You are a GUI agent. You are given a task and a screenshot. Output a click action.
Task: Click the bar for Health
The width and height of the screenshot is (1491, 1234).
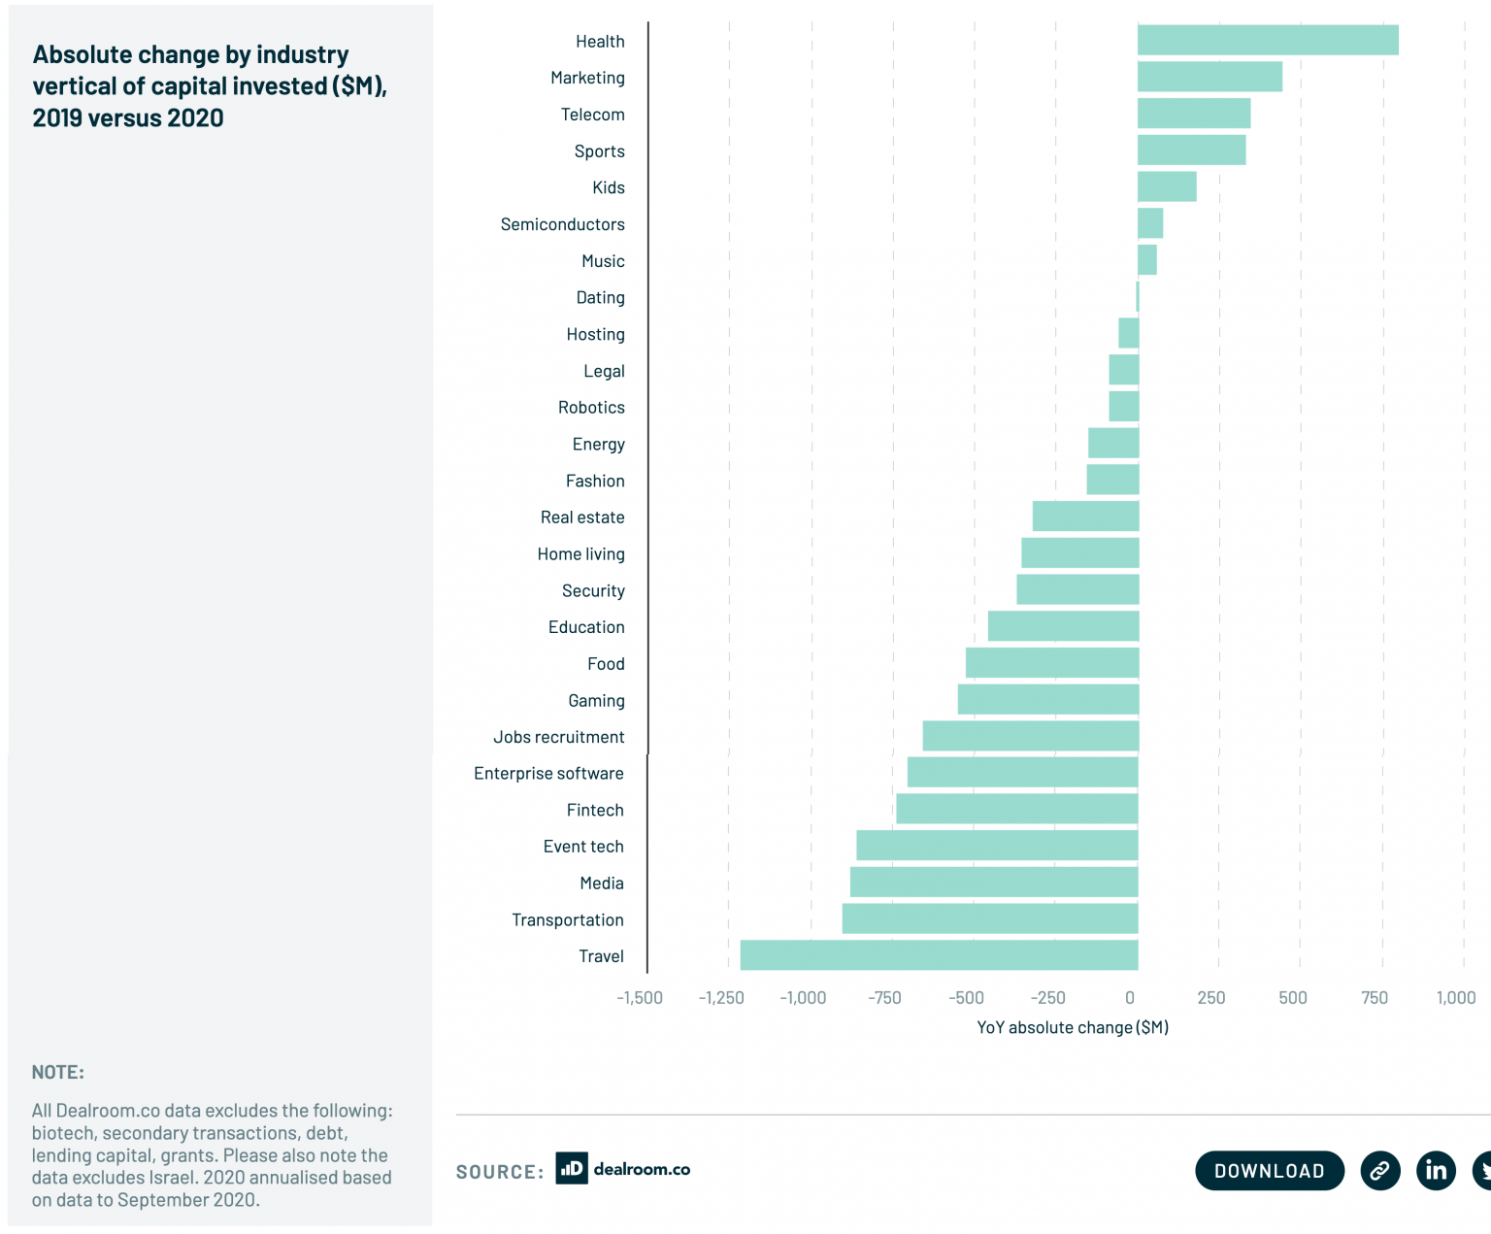(x=1267, y=41)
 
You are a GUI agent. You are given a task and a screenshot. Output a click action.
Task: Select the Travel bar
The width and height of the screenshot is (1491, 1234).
(x=939, y=955)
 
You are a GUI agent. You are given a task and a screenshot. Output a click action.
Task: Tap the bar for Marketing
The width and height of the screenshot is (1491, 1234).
(x=1209, y=77)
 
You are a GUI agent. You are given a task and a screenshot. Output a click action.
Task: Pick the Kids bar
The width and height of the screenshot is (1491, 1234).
(x=1167, y=186)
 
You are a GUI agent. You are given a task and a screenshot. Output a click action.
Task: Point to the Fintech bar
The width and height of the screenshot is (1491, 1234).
(x=1016, y=809)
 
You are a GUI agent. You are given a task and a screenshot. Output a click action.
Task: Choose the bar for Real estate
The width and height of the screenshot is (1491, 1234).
(x=1085, y=517)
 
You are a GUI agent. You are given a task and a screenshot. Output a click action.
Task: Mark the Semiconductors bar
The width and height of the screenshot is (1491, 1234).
(x=1150, y=223)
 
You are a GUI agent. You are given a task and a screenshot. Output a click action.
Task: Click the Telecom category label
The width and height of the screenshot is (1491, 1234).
(x=592, y=115)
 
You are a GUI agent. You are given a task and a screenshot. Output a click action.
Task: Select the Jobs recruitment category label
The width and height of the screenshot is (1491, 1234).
(x=558, y=737)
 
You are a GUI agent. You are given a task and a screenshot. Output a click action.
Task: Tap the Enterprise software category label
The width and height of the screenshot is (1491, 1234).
(x=548, y=774)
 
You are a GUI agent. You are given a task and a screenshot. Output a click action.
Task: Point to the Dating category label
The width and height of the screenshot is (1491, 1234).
(x=600, y=298)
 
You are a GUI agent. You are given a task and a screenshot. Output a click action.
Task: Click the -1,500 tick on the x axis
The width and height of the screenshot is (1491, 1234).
(x=640, y=998)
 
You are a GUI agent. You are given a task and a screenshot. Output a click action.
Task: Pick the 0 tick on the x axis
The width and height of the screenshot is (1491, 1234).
(x=1130, y=998)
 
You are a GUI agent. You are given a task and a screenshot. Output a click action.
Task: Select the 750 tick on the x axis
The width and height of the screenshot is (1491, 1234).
(x=1375, y=998)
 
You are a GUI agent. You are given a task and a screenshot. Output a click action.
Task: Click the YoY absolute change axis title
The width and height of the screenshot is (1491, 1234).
(x=1073, y=1027)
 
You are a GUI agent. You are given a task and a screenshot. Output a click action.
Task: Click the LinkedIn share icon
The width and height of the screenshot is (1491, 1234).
(x=1436, y=1170)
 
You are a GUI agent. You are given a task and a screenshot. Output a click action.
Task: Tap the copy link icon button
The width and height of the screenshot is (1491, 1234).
(x=1379, y=1170)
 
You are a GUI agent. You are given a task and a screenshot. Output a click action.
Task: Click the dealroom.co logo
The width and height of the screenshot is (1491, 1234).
(x=623, y=1169)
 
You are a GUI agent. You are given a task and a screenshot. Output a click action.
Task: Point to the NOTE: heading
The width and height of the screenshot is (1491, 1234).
(x=58, y=1073)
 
